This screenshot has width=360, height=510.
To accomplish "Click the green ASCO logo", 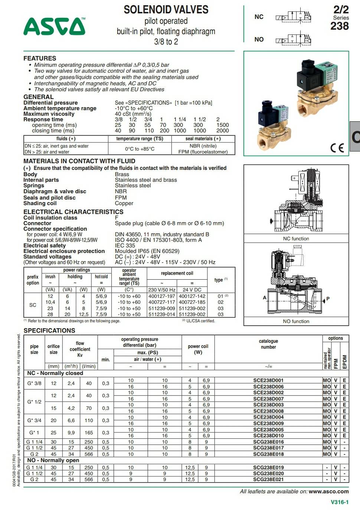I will tap(54, 26).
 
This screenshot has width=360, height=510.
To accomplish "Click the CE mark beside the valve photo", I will tap(337, 148).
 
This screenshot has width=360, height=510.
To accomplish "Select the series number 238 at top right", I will tap(340, 26).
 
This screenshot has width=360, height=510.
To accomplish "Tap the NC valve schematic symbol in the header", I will tap(293, 17).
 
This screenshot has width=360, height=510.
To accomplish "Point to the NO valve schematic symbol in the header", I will tap(293, 39).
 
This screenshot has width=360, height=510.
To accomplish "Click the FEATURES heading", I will tap(40, 58).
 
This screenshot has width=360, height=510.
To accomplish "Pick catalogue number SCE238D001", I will tap(268, 380).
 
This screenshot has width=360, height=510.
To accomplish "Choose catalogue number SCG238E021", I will tap(268, 479).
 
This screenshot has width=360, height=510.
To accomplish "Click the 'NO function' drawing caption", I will tap(296, 321).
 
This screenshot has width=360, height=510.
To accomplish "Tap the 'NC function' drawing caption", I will tap(296, 238).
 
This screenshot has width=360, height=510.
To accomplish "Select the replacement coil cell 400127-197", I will tap(161, 296).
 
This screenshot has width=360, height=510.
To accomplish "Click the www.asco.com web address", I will tap(328, 491).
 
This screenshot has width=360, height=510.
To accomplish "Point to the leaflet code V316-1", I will tap(340, 502).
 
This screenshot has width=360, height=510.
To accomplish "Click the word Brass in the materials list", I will tap(122, 174).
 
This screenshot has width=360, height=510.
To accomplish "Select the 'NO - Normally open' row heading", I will tap(53, 460).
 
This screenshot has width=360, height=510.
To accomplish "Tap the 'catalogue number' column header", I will tap(268, 344).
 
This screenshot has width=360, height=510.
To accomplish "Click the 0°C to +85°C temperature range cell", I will tap(140, 149).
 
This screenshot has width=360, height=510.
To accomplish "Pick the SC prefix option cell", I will tap(33, 305).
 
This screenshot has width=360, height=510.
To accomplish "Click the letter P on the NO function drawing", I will tap(328, 299).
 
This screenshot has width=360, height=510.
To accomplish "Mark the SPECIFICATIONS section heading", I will tap(49, 330).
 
